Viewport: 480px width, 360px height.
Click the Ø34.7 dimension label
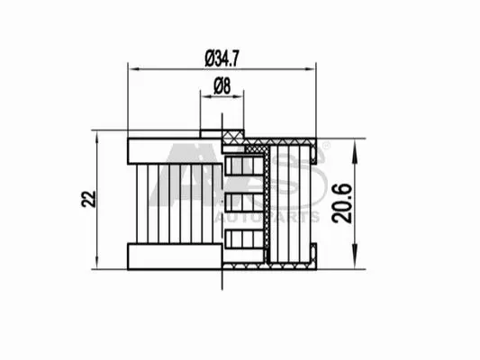pos(222,58)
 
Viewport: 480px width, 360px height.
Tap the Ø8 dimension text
pos(222,85)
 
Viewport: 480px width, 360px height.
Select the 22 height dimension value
pos(89,199)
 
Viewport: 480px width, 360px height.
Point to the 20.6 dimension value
pos(342,203)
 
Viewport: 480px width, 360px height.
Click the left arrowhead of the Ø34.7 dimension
pos(134,69)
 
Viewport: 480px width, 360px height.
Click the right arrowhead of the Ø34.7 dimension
pos(310,69)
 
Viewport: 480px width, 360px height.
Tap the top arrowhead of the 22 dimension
pos(97,137)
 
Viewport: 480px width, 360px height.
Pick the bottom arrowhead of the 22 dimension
pos(97,263)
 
